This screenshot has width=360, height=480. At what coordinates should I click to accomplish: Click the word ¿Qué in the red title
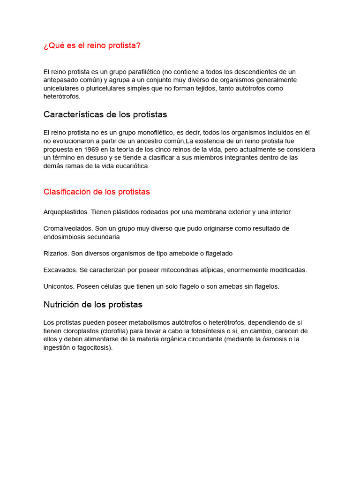52,45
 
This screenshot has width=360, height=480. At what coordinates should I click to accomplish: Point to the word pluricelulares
98,89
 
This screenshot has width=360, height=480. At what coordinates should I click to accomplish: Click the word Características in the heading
71,115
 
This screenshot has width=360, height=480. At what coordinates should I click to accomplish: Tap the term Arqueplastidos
66,212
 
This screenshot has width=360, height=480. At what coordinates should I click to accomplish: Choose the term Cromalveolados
68,229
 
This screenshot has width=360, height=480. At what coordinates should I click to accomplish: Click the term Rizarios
56,254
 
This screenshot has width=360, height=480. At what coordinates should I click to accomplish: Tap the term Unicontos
59,287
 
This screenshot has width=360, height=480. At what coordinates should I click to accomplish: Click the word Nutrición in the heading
62,305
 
